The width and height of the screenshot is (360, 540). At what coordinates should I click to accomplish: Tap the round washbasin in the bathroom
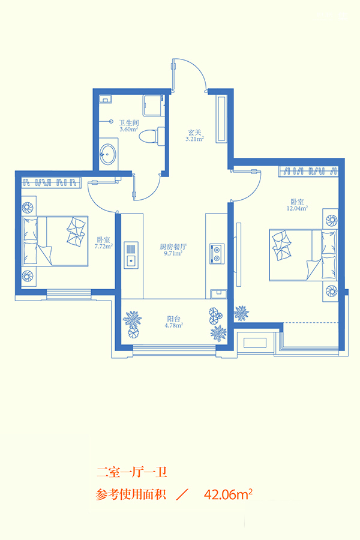point(108,154)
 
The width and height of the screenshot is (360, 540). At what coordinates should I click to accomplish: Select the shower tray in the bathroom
point(154,105)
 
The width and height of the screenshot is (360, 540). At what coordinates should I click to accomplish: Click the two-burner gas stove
point(217,254)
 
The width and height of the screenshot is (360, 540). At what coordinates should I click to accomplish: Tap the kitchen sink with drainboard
point(131,255)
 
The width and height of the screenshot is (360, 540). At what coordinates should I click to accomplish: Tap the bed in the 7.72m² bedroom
point(55,241)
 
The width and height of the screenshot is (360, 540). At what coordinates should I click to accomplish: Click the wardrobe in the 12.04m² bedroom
point(308,171)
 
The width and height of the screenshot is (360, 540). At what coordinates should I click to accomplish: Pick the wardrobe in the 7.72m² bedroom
point(52,182)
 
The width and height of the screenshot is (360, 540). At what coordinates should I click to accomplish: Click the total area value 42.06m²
point(228,494)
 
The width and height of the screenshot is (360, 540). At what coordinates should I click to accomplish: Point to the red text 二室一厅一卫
point(132,472)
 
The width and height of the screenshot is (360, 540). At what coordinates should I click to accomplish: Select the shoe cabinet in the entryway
point(221,119)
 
